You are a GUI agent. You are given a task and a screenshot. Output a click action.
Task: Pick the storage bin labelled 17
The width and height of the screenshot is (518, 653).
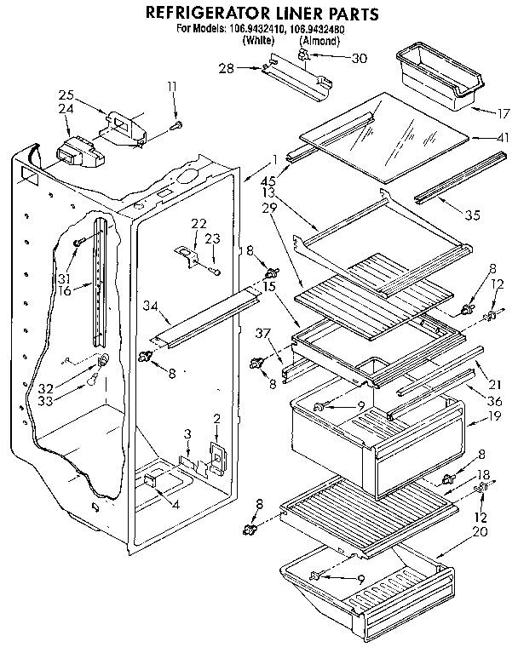click(x=432, y=79)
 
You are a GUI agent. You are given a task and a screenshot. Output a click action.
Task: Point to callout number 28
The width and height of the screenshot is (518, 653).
click(x=249, y=68)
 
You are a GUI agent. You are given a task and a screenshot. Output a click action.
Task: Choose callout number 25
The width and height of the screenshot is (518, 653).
click(x=66, y=95)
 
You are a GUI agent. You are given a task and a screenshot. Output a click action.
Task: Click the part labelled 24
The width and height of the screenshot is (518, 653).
click(x=77, y=156)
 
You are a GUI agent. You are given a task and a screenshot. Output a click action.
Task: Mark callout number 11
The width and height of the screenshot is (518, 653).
click(x=173, y=86)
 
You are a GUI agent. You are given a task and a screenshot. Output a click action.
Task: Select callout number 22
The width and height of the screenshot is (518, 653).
click(x=199, y=223)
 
